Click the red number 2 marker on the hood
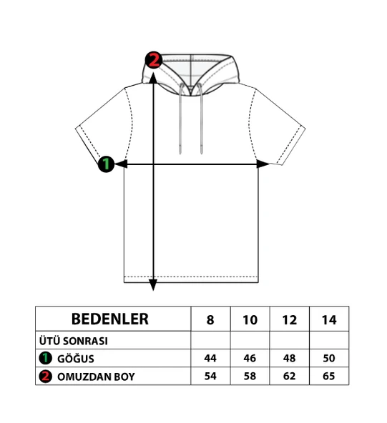click(154, 59)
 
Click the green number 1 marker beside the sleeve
click(106, 164)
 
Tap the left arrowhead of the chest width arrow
click(122, 164)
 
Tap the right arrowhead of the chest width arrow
click(263, 164)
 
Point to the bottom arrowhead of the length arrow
click(153, 285)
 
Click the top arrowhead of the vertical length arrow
click(153, 78)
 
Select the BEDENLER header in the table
click(110, 319)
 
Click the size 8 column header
click(210, 320)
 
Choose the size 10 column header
click(250, 320)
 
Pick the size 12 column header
click(290, 320)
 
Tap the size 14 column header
click(329, 320)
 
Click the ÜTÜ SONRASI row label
click(74, 341)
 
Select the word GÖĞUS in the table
click(76, 359)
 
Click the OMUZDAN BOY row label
click(96, 377)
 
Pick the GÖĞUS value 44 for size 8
click(210, 358)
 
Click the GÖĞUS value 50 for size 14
click(329, 358)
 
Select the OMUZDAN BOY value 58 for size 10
click(250, 376)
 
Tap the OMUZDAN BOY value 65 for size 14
click(329, 376)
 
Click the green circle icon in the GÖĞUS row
click(45, 358)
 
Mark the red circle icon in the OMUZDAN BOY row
click(45, 377)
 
